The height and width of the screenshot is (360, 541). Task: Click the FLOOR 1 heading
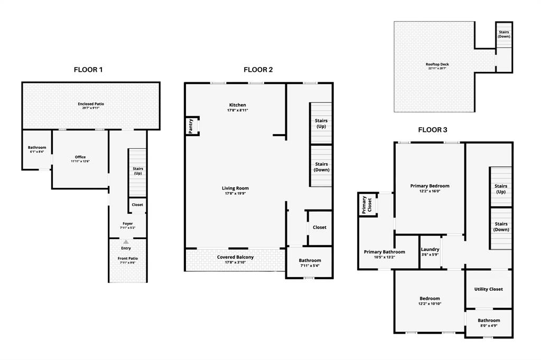click(x=88, y=70)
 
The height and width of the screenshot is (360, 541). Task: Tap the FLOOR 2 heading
click(x=258, y=70)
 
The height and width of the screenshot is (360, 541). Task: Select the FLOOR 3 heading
click(x=436, y=129)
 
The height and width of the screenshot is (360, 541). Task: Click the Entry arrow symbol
click(x=126, y=242)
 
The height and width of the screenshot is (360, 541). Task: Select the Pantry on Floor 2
click(x=191, y=126)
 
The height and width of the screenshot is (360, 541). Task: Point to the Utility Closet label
click(x=489, y=289)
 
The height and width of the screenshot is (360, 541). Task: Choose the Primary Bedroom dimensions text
click(x=430, y=191)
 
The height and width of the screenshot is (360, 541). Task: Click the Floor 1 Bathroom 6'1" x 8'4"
click(x=37, y=149)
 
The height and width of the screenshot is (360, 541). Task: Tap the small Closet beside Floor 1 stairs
click(x=137, y=205)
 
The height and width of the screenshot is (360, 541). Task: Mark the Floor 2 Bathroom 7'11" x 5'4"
click(x=310, y=262)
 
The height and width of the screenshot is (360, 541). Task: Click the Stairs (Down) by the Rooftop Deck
click(x=503, y=34)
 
